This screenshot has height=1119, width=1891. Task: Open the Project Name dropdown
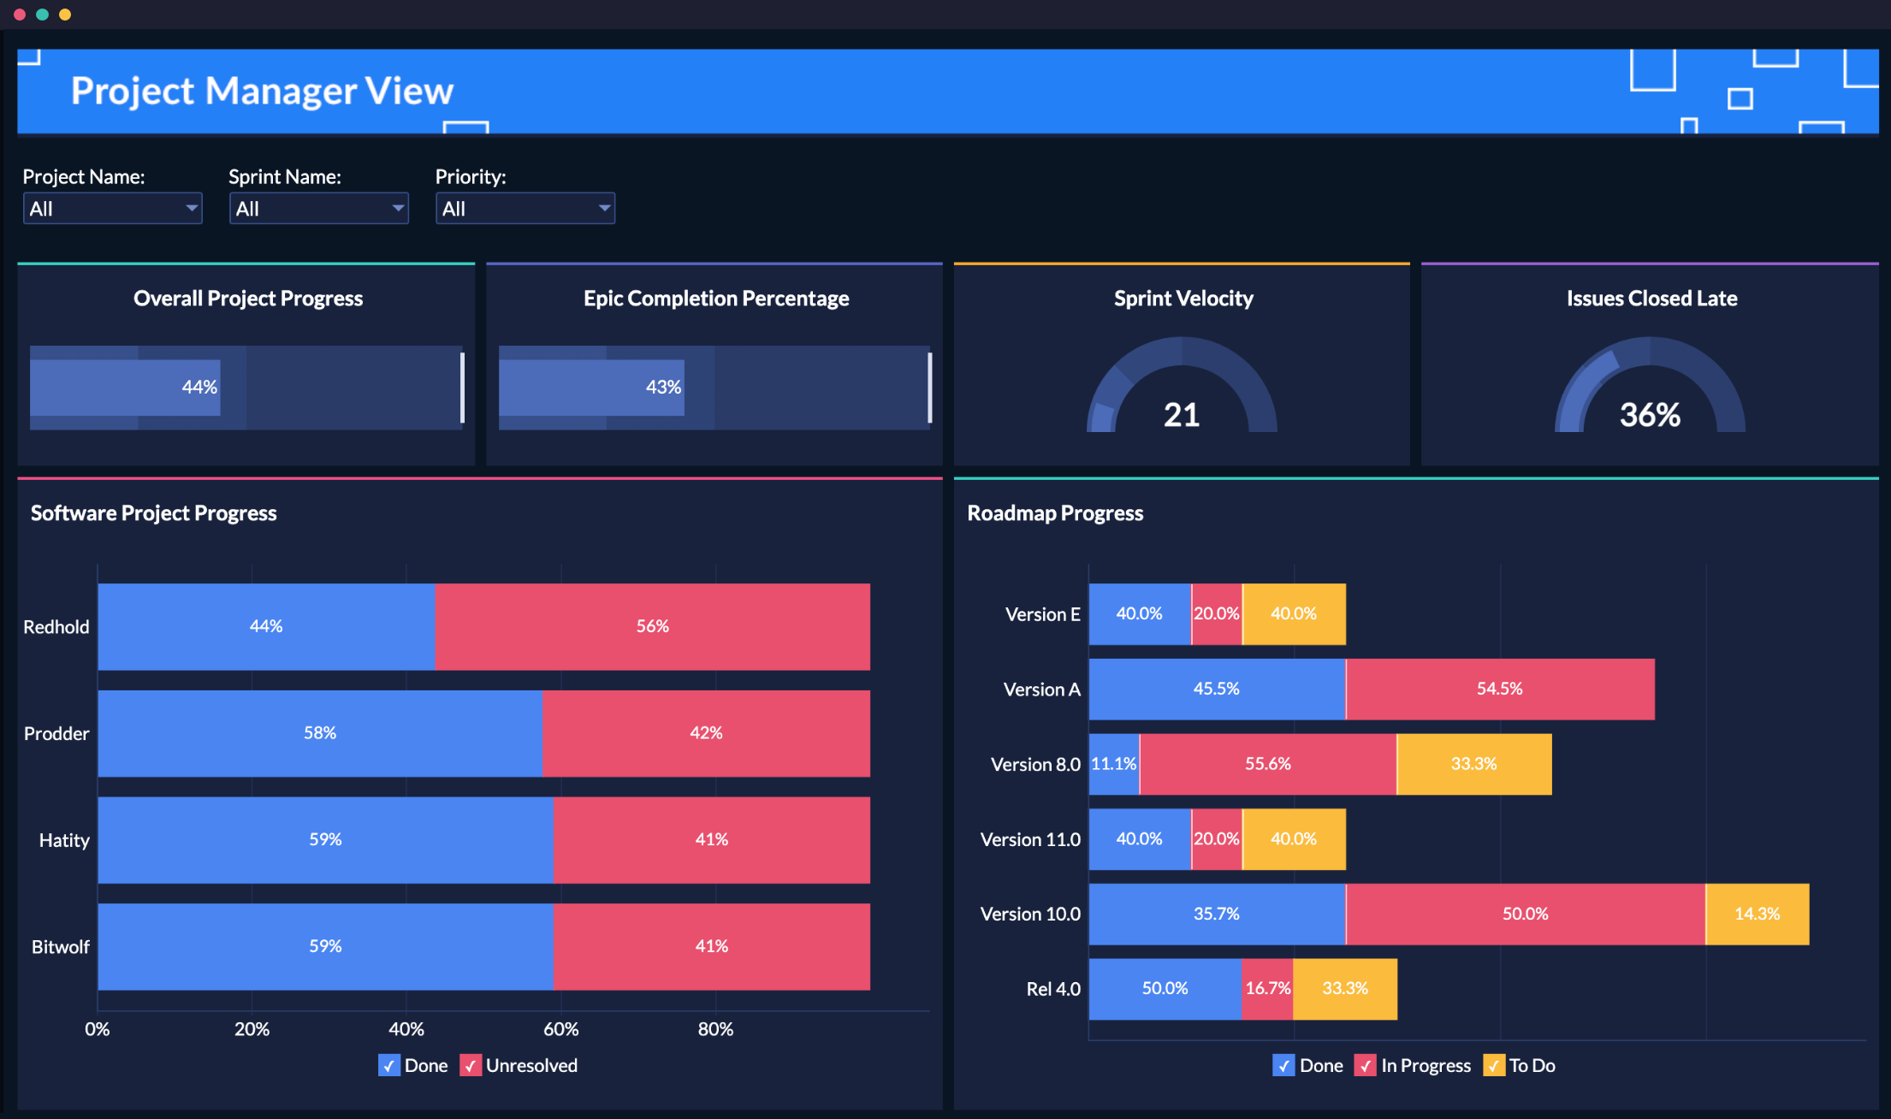112,209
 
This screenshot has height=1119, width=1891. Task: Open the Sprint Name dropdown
318,209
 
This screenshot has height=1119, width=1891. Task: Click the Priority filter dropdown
525,209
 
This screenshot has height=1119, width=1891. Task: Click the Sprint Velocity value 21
1181,415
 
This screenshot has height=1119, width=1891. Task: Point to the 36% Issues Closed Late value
1650,415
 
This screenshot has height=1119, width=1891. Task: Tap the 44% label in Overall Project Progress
199,388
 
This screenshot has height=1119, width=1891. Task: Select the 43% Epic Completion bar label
663,388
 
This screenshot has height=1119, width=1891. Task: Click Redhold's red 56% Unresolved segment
652,626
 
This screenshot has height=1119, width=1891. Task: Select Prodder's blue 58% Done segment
320,733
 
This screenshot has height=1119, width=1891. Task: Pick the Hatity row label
64,840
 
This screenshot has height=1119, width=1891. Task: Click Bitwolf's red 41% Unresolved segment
711,946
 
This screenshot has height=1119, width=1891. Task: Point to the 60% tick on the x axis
561,1029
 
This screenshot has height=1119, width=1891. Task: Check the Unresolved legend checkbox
471,1065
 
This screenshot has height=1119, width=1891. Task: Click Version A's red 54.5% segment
1499,689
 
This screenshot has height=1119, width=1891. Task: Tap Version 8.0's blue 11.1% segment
1114,764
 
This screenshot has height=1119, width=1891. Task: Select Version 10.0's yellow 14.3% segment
1757,914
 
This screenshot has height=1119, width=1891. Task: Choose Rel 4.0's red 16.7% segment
1267,989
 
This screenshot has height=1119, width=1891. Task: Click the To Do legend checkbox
1494,1065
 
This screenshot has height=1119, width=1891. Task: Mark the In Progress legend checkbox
1366,1065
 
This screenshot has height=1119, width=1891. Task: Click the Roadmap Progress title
1055,513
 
